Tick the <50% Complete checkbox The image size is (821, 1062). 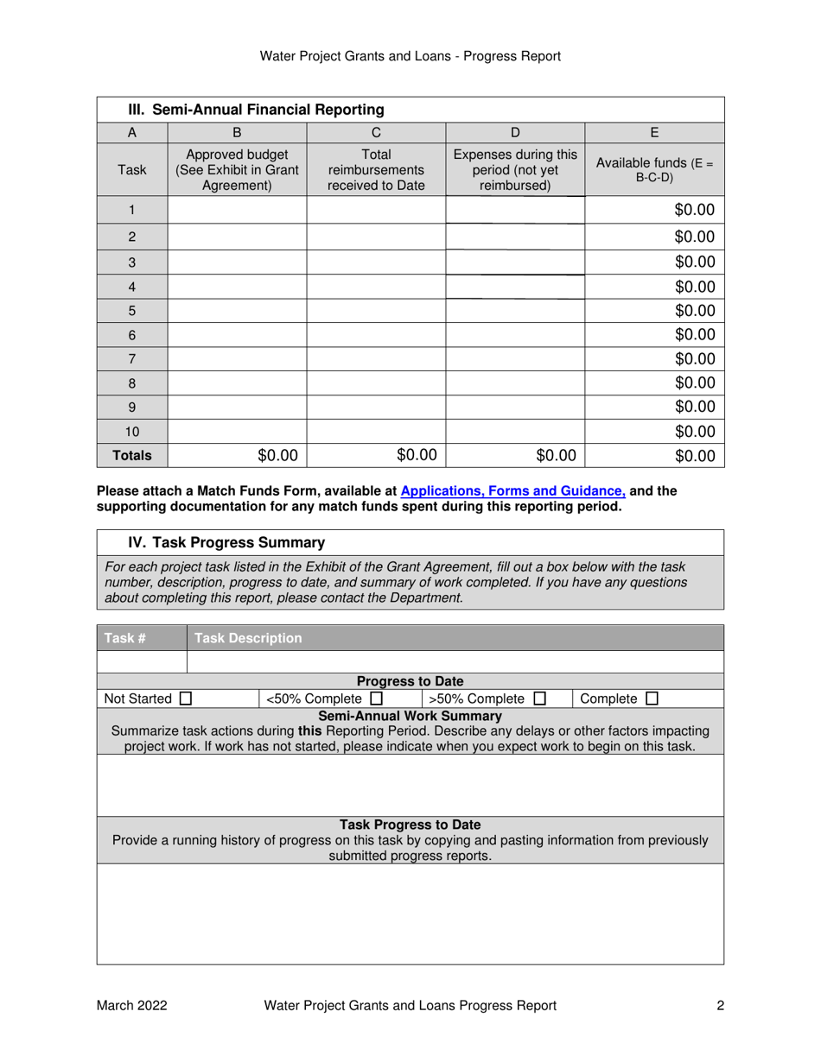click(x=376, y=698)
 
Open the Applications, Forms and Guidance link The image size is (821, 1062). click(x=513, y=491)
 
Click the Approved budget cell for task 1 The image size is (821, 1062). click(x=236, y=210)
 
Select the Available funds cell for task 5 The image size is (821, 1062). click(x=654, y=310)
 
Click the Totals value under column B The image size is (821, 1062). click(x=236, y=455)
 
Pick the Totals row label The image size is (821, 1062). click(x=131, y=455)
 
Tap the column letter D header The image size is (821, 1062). click(x=515, y=133)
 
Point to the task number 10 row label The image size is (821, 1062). click(x=131, y=430)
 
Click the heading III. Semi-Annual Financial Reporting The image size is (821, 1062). click(x=256, y=110)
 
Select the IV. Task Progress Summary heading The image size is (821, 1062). click(x=226, y=542)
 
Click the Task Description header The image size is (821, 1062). click(x=248, y=638)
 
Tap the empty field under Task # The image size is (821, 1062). click(x=142, y=661)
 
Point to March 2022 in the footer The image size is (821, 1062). click(x=131, y=1005)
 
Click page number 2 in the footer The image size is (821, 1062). click(x=720, y=1005)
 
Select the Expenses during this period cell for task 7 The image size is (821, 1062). click(x=515, y=357)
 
